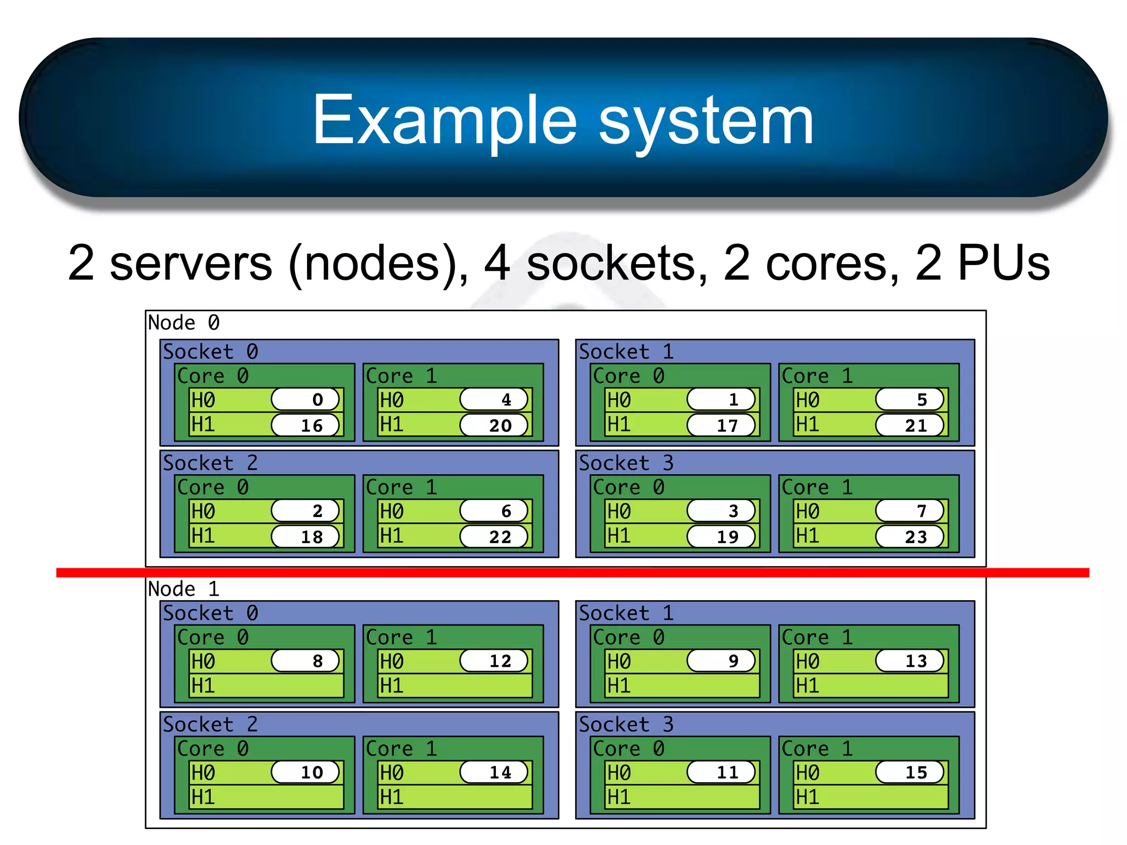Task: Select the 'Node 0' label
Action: point(184,322)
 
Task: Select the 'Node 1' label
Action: point(184,589)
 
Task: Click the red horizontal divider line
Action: point(572,573)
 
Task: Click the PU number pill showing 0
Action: point(305,399)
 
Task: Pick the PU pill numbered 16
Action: point(305,425)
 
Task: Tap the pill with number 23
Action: point(910,536)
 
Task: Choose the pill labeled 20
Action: point(494,425)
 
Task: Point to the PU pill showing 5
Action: point(910,399)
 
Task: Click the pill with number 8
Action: point(305,661)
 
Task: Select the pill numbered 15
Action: point(910,772)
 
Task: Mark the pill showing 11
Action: point(721,772)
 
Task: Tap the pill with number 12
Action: point(494,661)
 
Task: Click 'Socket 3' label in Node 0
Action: point(626,463)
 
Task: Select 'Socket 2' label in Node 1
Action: point(210,724)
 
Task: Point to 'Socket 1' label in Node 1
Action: point(626,613)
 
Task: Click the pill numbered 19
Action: point(721,536)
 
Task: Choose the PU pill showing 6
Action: point(494,511)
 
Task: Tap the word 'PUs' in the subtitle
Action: point(1003,263)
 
